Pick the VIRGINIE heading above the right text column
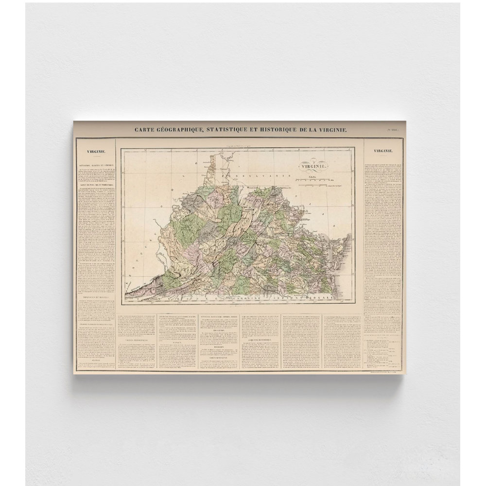tap(384, 151)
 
